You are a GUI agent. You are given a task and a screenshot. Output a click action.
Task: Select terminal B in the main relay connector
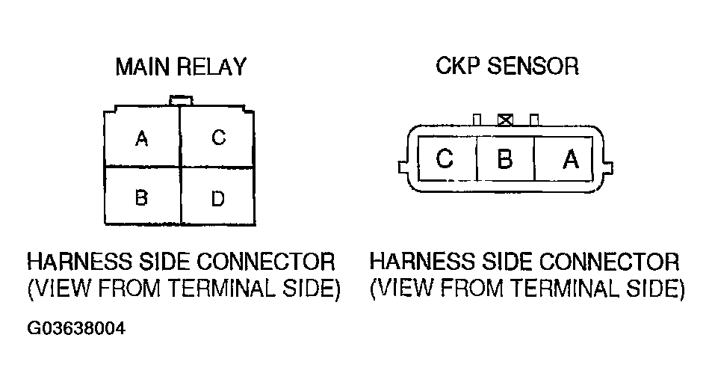click(141, 198)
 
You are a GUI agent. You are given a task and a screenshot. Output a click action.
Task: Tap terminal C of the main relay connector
click(218, 138)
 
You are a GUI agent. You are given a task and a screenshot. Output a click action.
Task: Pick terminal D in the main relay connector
click(218, 198)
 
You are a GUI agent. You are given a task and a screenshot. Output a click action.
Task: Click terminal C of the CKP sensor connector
click(445, 159)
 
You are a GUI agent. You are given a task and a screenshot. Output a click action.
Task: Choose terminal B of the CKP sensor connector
click(505, 159)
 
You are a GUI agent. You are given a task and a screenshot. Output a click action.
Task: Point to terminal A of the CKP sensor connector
click(570, 159)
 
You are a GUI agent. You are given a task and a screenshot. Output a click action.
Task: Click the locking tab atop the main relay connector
click(180, 99)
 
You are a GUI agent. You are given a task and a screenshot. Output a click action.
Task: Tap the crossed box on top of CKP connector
click(505, 119)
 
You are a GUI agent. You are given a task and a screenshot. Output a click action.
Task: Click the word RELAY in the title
click(211, 67)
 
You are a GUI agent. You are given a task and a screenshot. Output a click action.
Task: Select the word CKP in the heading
click(457, 66)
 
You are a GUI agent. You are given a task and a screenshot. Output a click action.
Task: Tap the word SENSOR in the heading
click(533, 66)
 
